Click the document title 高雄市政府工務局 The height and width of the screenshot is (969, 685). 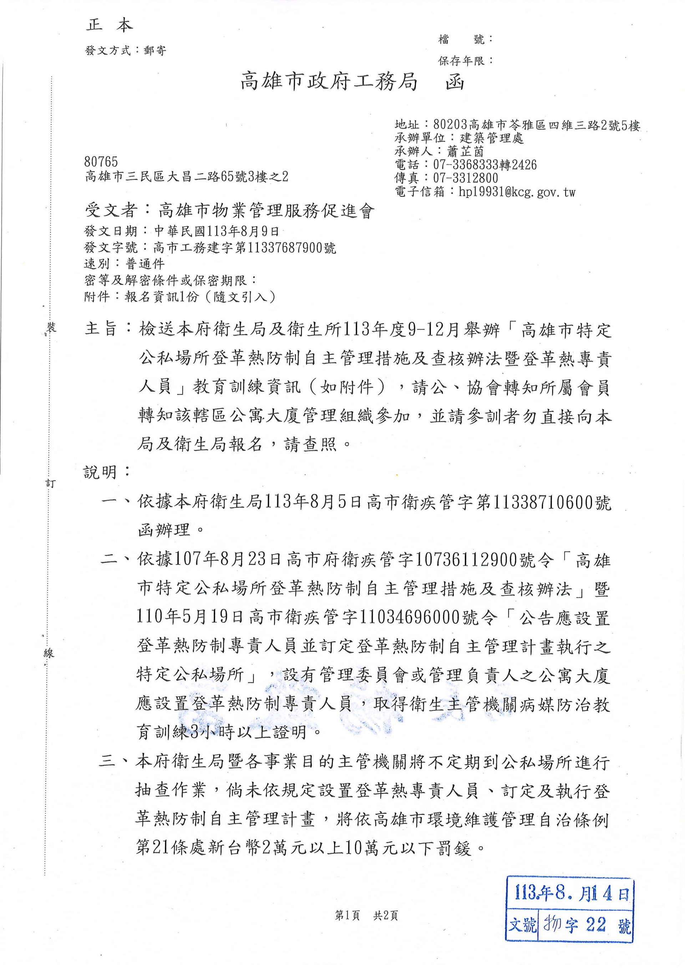click(x=329, y=81)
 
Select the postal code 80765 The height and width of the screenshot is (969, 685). click(x=101, y=162)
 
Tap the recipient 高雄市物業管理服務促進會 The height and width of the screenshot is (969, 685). click(x=266, y=210)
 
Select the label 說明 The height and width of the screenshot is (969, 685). click(x=100, y=472)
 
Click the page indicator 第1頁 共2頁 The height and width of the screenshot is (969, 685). click(x=366, y=915)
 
